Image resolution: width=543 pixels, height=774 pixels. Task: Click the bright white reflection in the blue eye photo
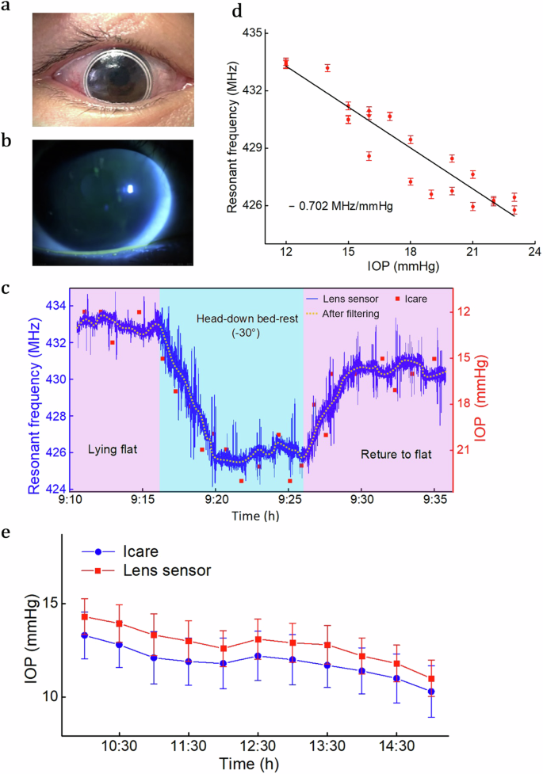tap(130, 189)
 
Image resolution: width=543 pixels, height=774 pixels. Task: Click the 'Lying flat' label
tap(112, 450)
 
